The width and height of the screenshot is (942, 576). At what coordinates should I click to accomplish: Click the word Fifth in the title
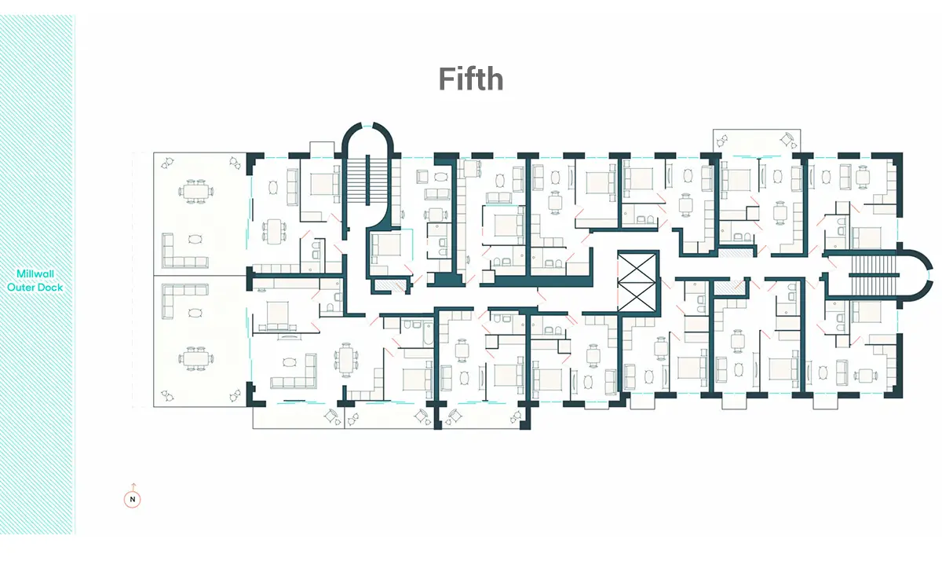coord(471,79)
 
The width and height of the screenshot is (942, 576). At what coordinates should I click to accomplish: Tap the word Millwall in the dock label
coord(35,273)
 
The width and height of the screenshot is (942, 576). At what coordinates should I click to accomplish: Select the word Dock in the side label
coord(49,288)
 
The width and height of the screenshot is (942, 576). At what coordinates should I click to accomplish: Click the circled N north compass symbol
coord(132,500)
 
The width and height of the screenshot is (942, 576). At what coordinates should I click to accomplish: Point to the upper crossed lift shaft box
coord(637,267)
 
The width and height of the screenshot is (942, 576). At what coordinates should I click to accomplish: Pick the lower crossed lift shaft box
coord(637,297)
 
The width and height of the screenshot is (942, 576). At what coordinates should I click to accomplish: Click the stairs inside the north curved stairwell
coord(367,180)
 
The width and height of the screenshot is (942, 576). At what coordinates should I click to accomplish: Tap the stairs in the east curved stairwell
coord(874,275)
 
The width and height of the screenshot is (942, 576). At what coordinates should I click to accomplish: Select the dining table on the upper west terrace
coord(195,192)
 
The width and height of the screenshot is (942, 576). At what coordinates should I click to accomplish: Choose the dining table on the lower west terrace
coord(195,359)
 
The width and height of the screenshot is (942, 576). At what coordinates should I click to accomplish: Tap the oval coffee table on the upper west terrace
coord(195,240)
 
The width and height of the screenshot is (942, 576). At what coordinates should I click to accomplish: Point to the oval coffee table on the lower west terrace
coord(195,313)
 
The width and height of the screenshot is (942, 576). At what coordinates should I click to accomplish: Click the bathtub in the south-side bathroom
coord(428,332)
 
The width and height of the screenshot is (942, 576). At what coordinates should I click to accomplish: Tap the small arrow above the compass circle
coord(133,486)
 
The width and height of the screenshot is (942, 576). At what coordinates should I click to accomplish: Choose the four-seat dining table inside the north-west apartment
coord(274,231)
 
